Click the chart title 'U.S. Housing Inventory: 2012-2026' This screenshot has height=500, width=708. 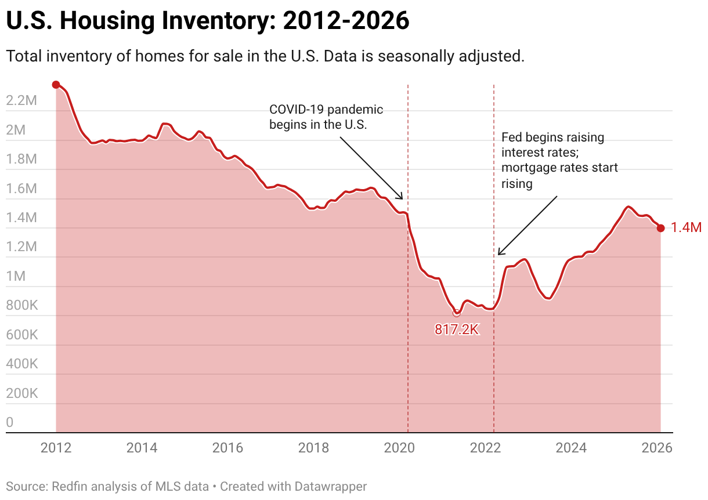click(x=207, y=21)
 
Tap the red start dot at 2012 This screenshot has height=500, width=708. click(x=56, y=85)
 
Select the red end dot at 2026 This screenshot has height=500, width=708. click(x=660, y=228)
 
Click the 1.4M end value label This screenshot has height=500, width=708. click(x=686, y=228)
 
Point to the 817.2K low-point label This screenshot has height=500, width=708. click(x=457, y=330)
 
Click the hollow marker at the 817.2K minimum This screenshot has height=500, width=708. click(x=456, y=313)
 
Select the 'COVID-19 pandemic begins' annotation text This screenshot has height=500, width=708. click(x=326, y=117)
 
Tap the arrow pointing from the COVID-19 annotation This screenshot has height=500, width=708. click(x=371, y=168)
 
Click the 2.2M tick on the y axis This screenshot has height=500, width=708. click(x=21, y=101)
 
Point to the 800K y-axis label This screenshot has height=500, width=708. click(x=21, y=306)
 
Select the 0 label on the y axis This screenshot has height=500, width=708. click(x=9, y=423)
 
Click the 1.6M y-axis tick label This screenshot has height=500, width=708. click(x=21, y=189)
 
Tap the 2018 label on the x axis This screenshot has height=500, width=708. click(x=313, y=448)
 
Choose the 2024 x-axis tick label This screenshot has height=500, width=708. click(x=571, y=448)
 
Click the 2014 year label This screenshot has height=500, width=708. click(x=142, y=448)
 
